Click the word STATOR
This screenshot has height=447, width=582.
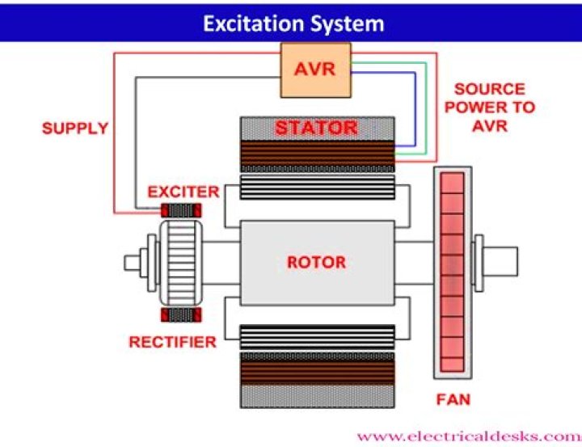[316, 128]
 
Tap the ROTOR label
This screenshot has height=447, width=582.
[316, 263]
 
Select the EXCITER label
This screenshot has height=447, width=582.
[183, 192]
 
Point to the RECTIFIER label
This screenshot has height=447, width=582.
[172, 342]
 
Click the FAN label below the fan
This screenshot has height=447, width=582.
[453, 399]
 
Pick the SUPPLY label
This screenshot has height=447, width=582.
[74, 129]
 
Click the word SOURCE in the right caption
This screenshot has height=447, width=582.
[489, 89]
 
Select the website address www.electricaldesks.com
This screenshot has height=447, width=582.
[469, 435]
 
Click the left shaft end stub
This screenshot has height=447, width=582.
[133, 262]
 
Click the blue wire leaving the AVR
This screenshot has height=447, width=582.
[415, 105]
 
